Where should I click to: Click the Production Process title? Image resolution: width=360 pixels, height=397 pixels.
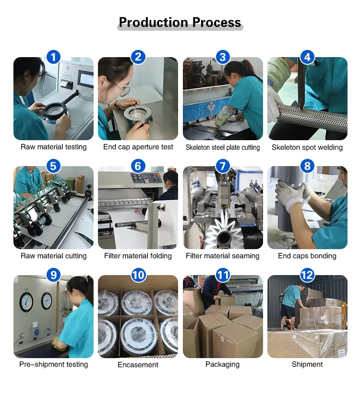click(180, 23)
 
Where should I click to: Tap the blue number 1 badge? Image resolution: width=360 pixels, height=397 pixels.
click(53, 58)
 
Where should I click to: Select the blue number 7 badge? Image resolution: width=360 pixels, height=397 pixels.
click(222, 167)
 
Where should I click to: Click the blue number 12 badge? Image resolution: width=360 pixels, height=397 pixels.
click(307, 275)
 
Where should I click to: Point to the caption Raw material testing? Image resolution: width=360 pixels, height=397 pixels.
click(53, 147)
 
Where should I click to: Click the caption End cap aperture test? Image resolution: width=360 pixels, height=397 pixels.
click(138, 147)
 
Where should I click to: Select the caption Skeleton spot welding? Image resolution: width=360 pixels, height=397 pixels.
click(307, 147)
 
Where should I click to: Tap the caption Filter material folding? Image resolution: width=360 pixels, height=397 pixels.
click(138, 256)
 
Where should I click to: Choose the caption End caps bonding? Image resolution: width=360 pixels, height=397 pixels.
click(307, 256)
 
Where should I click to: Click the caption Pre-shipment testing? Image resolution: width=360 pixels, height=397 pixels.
click(53, 364)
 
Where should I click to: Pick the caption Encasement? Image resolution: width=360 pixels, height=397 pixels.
click(138, 365)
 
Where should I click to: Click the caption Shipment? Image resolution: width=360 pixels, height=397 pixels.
click(307, 364)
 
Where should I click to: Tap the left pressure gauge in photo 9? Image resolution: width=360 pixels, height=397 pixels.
click(26, 301)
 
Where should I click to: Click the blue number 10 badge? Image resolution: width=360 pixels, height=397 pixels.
click(138, 275)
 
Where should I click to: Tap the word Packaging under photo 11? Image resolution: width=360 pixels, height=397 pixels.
click(222, 364)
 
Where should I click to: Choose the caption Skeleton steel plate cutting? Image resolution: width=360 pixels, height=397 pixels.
click(223, 147)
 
